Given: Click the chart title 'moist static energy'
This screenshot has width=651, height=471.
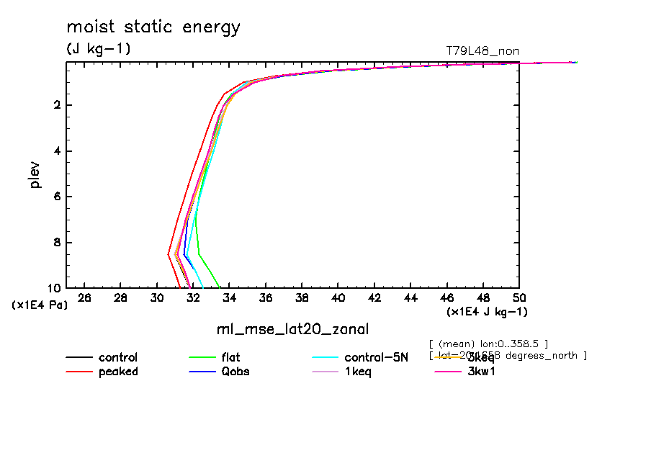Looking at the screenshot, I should pos(153,28).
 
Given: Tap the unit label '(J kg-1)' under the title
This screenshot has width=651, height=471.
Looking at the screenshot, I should pos(99,49).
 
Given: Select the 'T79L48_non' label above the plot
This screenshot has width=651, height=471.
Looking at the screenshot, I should pos(482,50).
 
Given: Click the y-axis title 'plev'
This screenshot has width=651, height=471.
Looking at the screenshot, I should pos(35,174).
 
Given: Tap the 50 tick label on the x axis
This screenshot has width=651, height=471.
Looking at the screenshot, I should pos(519,298).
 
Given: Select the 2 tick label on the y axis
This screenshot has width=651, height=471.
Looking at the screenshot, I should pos(56,106).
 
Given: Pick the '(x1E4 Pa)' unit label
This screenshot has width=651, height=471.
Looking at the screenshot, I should pos(40,305).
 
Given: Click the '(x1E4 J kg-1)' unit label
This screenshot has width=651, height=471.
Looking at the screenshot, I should pos(487,312).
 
